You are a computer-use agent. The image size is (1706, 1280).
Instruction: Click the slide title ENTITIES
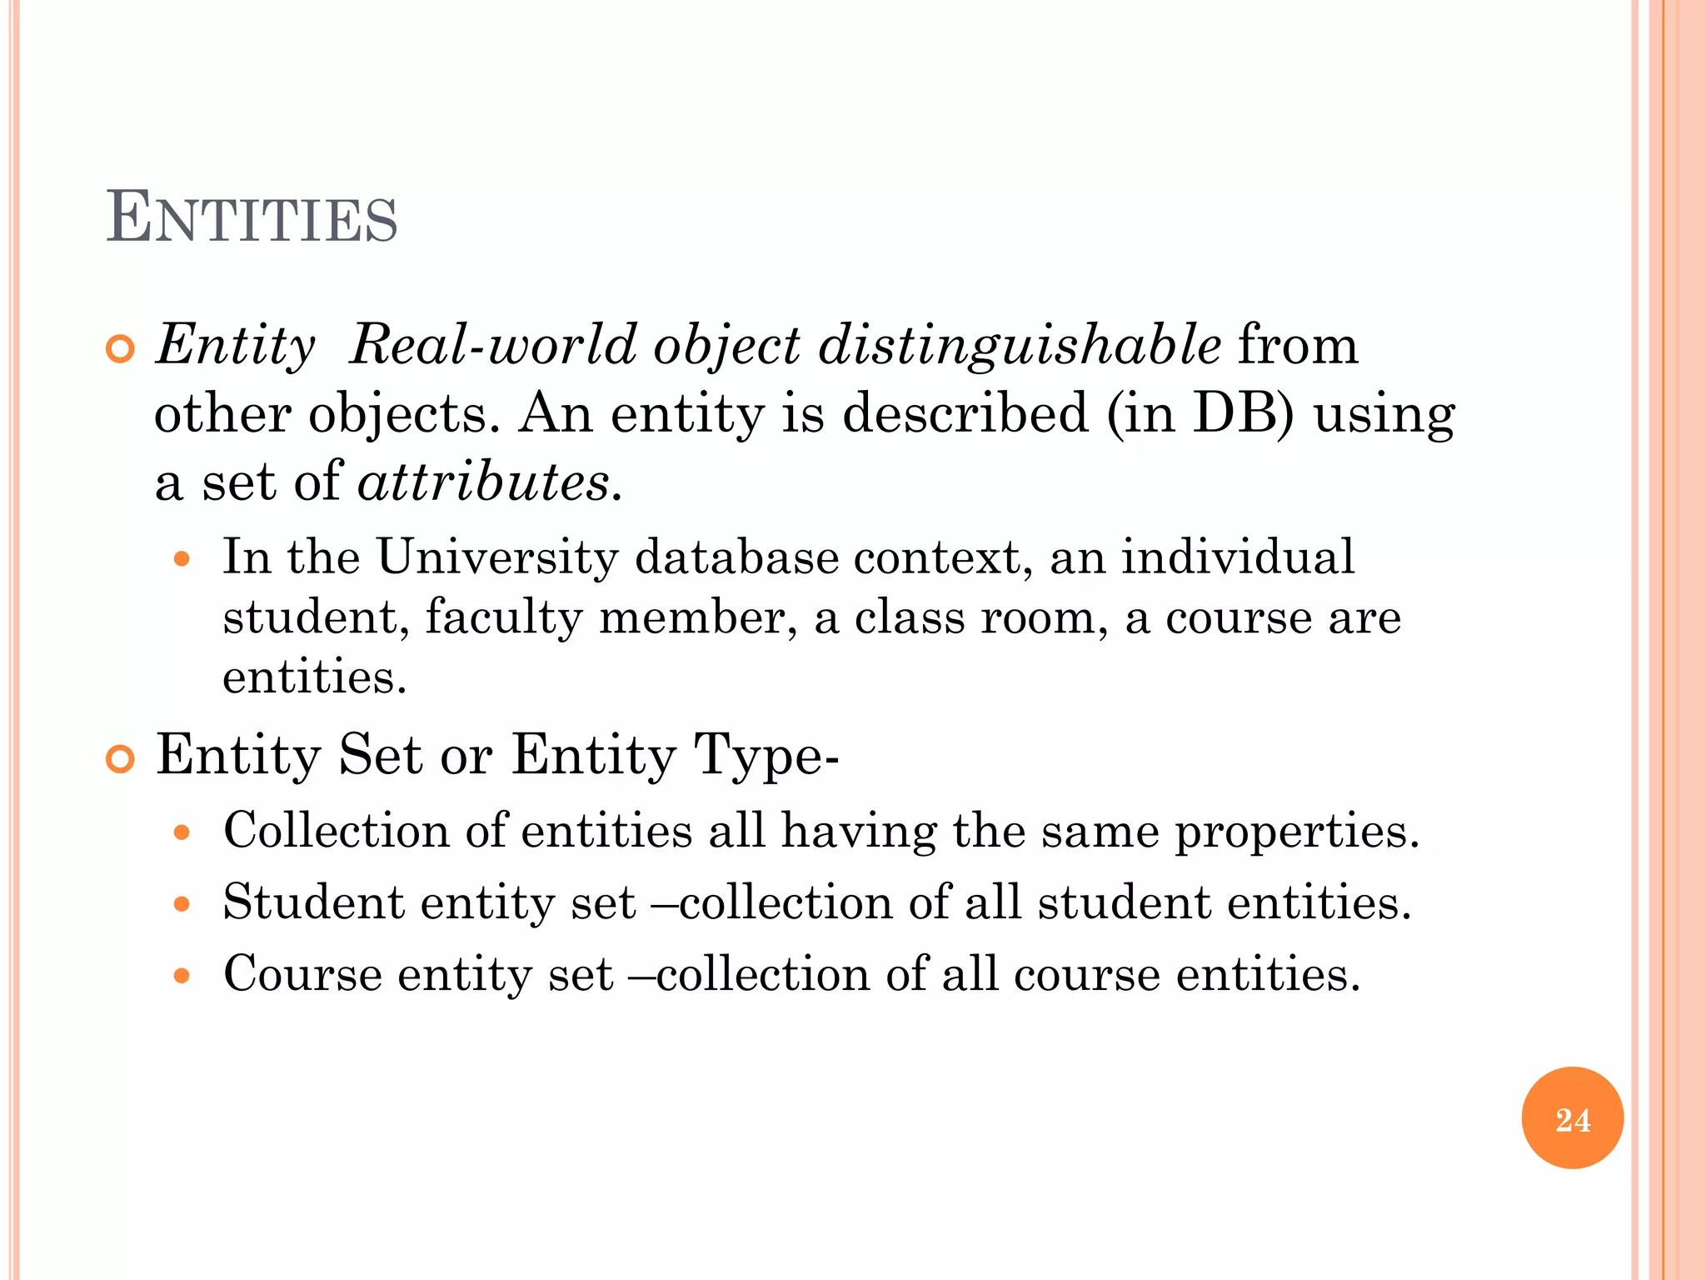[252, 218]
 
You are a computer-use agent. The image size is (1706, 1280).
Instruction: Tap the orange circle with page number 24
[1572, 1118]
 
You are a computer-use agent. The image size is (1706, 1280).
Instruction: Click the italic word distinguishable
[1020, 345]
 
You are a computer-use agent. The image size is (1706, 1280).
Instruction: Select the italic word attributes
[483, 482]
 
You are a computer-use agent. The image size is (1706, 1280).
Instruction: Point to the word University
[497, 557]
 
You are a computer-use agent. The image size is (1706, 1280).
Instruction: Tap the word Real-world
[491, 345]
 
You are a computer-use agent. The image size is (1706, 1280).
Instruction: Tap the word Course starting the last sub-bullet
[302, 974]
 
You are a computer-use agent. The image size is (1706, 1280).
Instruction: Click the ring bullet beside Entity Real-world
[120, 349]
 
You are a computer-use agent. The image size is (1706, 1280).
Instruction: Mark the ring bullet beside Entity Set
[120, 759]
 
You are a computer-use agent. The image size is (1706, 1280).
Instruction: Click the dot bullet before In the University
[182, 559]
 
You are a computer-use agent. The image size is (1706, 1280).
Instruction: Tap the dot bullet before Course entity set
[182, 976]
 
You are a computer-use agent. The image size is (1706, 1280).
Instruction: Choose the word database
[736, 557]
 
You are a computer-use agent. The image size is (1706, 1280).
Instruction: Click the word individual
[1238, 557]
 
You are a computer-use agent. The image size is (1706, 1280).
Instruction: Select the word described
[965, 413]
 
